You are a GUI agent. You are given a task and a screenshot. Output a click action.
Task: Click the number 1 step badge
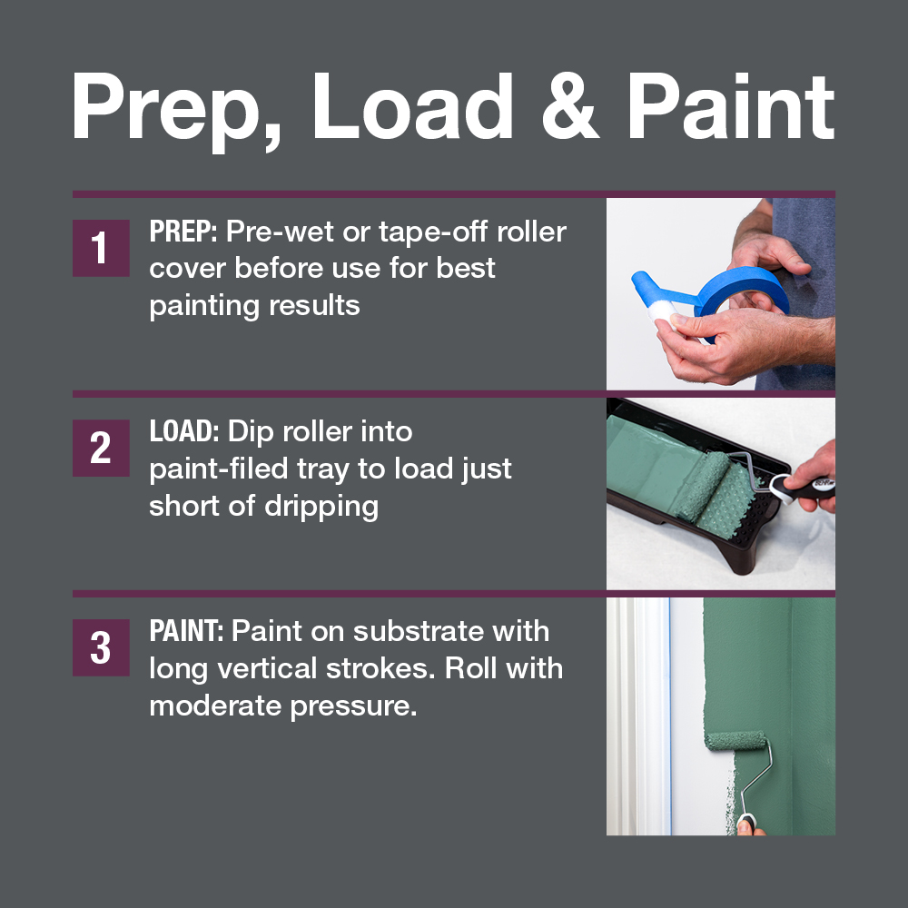pos(101,248)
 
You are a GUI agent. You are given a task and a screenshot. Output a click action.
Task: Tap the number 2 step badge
pos(101,449)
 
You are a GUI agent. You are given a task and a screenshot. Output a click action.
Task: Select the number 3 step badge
pos(101,647)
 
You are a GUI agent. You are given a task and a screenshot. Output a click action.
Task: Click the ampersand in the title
pos(570,106)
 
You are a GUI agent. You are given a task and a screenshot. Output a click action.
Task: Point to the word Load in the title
pos(413,106)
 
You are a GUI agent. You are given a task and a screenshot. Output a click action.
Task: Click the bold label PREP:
pos(183,232)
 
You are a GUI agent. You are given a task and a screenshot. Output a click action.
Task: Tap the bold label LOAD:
pos(184,431)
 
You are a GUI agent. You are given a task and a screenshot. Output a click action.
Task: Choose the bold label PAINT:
pos(186,631)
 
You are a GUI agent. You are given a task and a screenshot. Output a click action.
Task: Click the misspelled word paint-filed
pos(218,469)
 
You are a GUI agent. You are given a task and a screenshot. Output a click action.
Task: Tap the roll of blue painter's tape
pos(743,297)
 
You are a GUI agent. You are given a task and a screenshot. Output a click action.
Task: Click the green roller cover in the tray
pos(703,486)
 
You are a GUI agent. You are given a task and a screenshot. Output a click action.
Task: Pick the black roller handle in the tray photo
pos(804,489)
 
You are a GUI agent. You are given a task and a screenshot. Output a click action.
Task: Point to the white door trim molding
pos(637,716)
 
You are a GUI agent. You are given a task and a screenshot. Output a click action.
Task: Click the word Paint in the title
pos(731,106)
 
